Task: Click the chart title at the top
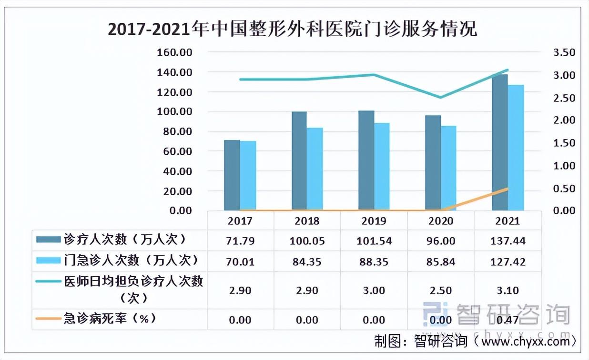tap(292, 30)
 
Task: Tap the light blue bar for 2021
tap(516, 148)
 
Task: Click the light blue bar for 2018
tap(315, 169)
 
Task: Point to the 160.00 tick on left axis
tap(174, 52)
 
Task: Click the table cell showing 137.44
tap(508, 241)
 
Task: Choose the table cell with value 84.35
tap(307, 261)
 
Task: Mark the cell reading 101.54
tap(374, 241)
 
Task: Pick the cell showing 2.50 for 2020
tap(441, 290)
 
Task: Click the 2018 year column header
tap(307, 221)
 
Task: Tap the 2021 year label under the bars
tap(508, 221)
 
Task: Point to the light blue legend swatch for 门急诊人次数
tap(48, 260)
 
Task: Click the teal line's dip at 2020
tap(441, 98)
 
